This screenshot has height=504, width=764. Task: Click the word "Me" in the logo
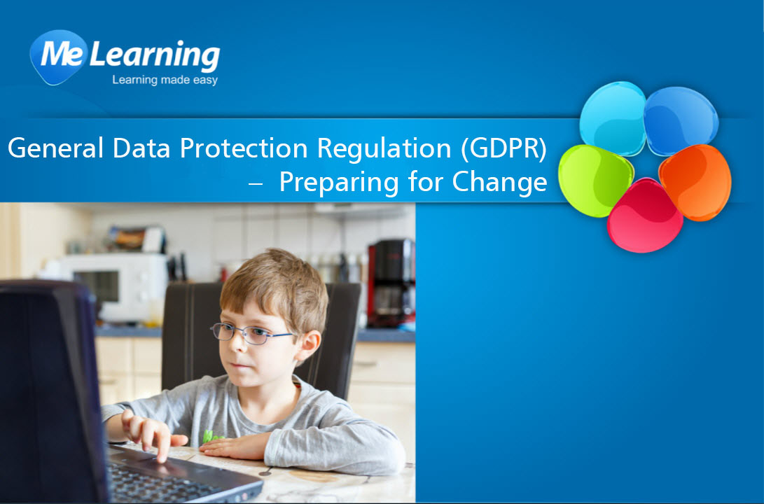point(62,54)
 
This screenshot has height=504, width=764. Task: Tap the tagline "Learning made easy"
point(165,80)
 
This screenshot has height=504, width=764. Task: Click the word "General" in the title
point(55,148)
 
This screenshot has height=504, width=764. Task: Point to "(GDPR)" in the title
point(504,148)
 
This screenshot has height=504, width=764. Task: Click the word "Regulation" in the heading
point(384,149)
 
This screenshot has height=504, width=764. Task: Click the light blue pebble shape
point(613,118)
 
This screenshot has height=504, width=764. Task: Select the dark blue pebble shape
point(681,120)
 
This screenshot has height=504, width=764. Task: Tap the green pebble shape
point(595,181)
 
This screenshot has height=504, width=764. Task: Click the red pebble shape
point(644,216)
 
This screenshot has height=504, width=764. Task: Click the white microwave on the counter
point(112,287)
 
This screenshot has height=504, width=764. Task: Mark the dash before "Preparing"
point(256,183)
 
